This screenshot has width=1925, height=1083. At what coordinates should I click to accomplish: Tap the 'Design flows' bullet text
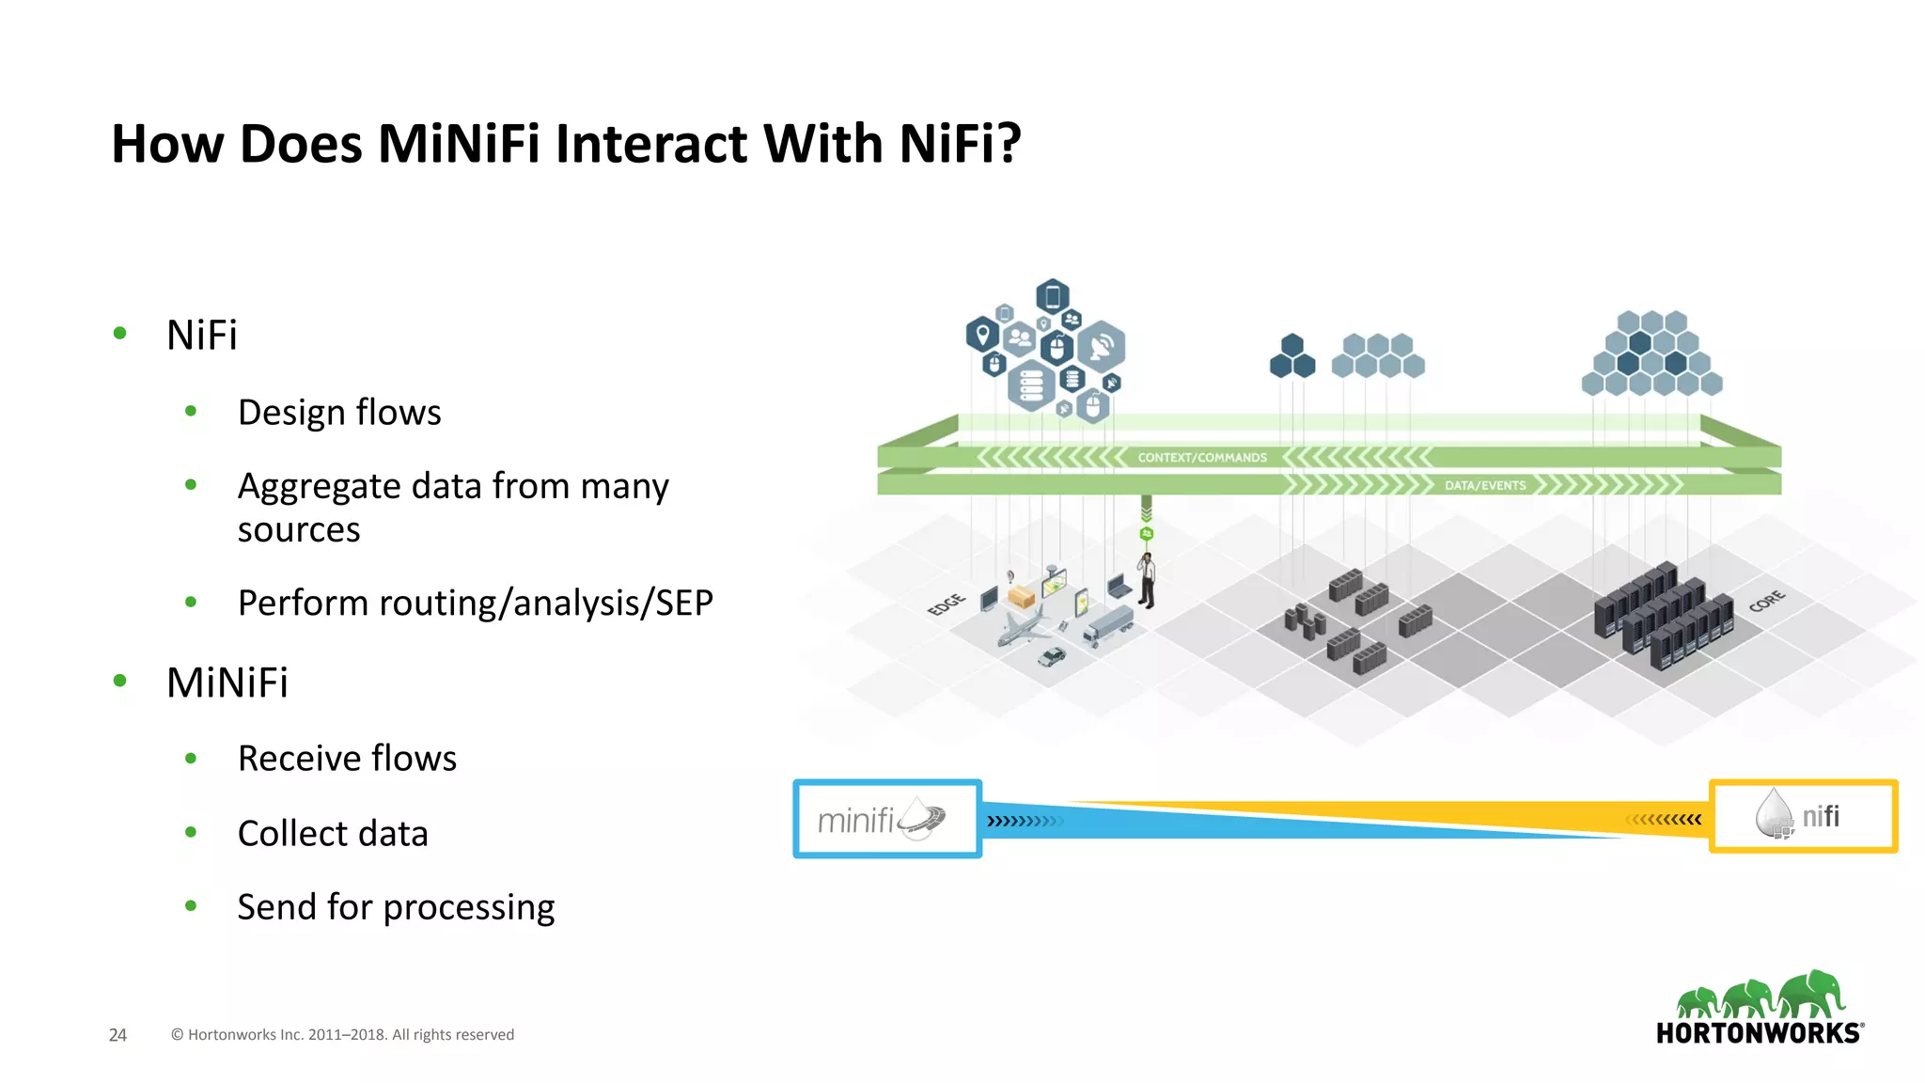coord(339,413)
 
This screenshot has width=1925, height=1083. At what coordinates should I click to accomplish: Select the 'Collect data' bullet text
coord(333,834)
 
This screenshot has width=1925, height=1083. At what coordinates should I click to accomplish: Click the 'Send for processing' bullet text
coord(396,907)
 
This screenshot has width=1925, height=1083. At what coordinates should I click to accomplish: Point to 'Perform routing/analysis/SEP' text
coord(476,603)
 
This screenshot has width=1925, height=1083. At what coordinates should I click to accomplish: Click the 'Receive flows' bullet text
coord(347,759)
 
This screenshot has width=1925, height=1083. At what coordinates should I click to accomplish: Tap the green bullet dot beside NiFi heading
coord(119,333)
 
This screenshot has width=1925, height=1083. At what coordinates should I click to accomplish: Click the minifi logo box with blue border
coord(887,819)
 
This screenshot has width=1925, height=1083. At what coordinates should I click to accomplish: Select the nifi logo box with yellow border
coord(1803,816)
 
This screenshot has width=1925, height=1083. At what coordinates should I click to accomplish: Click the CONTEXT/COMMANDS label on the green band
coord(1202,458)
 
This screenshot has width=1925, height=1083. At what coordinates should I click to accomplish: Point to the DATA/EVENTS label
coord(1485,485)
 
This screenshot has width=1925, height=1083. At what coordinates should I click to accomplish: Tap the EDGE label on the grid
coord(946,604)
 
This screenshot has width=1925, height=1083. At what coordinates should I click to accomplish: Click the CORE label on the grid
coord(1766,601)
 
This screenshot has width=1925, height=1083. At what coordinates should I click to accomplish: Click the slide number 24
coord(117,1035)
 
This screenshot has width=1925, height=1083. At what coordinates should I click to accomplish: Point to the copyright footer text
coord(342,1035)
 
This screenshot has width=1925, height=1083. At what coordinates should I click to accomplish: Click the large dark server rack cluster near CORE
coord(1663,616)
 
